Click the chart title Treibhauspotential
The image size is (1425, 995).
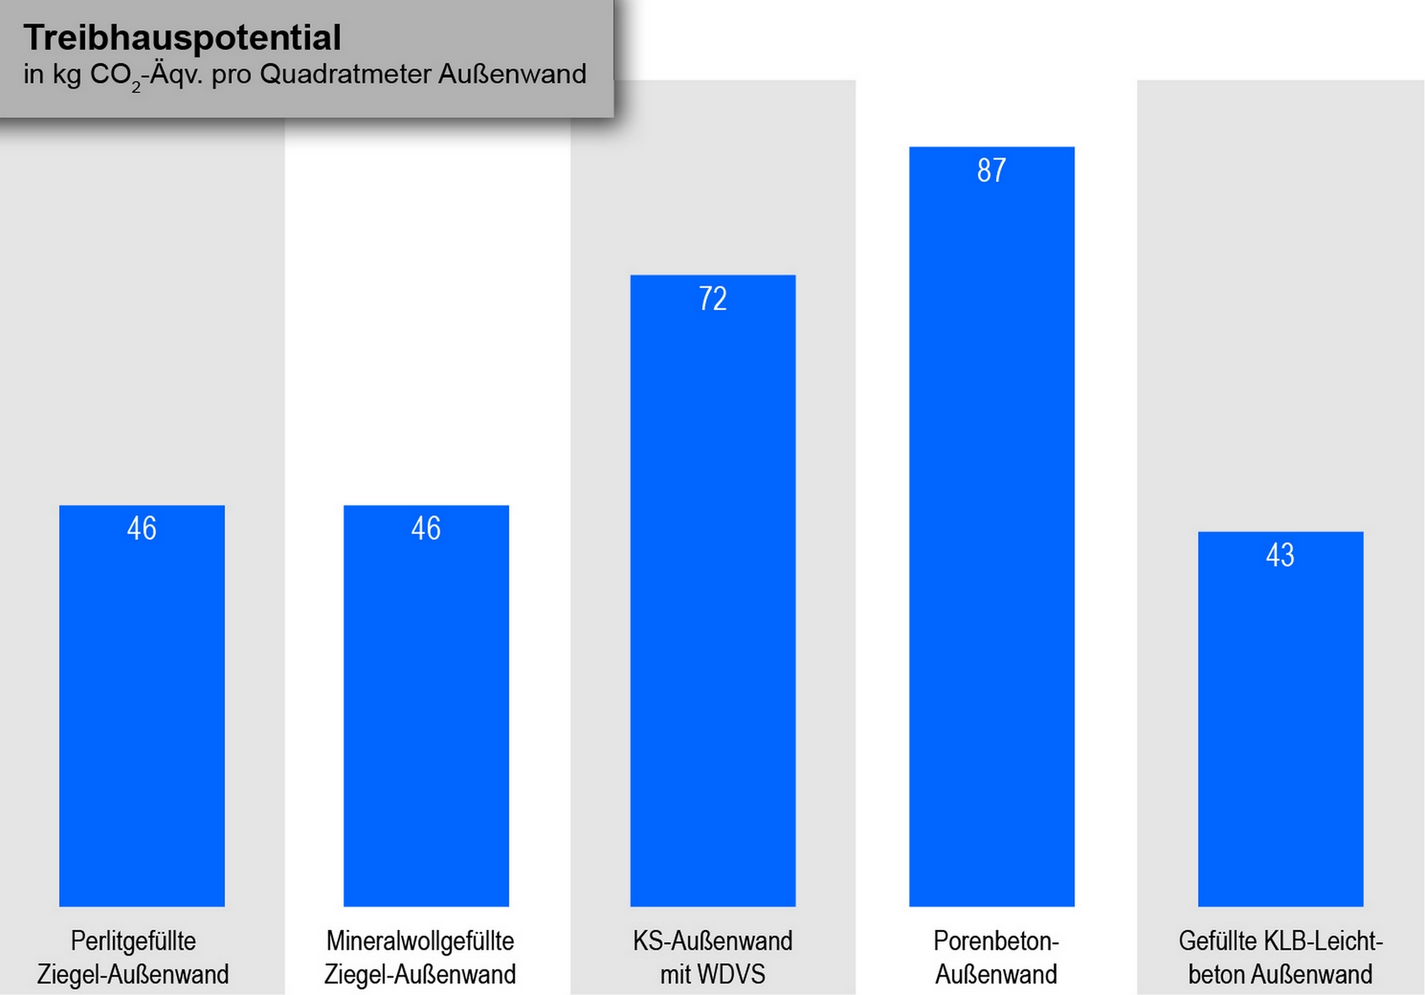[x=182, y=38]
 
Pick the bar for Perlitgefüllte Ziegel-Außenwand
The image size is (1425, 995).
[x=142, y=716]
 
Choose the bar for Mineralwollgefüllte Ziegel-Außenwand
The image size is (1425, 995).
[x=426, y=716]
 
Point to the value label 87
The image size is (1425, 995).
[x=991, y=170]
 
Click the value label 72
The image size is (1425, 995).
[x=712, y=298]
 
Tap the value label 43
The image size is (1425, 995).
[x=1280, y=554]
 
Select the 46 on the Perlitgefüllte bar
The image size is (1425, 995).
[x=142, y=528]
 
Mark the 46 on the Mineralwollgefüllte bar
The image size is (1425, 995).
[x=426, y=528]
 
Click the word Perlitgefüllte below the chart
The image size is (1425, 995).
[x=133, y=940]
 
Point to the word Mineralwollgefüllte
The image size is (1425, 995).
[x=420, y=940]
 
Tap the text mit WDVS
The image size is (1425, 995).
[x=712, y=975]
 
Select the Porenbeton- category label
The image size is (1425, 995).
[x=995, y=940]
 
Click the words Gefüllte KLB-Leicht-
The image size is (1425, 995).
[x=1280, y=940]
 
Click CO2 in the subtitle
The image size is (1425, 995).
[x=115, y=76]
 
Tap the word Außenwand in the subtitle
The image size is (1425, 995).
[x=512, y=74]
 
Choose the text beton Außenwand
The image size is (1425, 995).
[x=1280, y=975]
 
